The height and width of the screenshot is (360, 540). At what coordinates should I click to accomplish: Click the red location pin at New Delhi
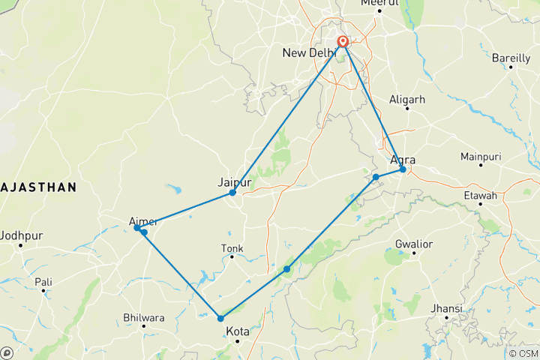[x=343, y=43]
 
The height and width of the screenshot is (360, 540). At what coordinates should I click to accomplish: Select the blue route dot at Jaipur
[x=233, y=193]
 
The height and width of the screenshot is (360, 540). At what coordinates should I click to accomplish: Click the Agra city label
[x=403, y=159]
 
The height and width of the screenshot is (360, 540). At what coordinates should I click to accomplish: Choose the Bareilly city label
[x=511, y=57]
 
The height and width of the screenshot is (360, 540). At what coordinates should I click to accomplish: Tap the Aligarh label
[x=408, y=99]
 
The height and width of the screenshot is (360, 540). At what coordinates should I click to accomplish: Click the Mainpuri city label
[x=481, y=157]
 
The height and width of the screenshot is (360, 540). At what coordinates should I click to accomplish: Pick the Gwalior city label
[x=414, y=244]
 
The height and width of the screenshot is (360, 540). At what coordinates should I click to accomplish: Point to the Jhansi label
[x=447, y=309]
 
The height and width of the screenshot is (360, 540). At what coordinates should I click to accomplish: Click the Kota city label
[x=237, y=331]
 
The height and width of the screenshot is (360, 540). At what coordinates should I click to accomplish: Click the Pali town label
[x=43, y=282]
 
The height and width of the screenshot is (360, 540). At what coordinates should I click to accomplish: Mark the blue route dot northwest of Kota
[x=220, y=319]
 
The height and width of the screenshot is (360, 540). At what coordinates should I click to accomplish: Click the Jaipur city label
[x=232, y=181]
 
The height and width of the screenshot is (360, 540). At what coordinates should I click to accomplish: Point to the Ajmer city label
[x=143, y=221]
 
